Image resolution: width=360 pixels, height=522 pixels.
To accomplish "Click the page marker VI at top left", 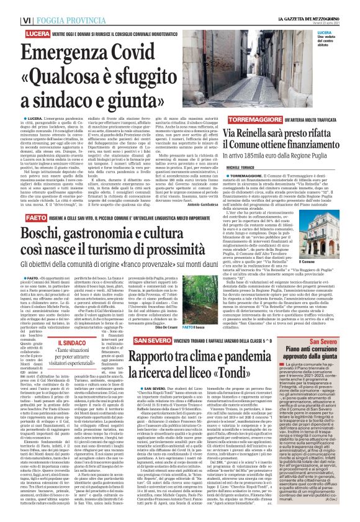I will [x=9, y=6].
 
